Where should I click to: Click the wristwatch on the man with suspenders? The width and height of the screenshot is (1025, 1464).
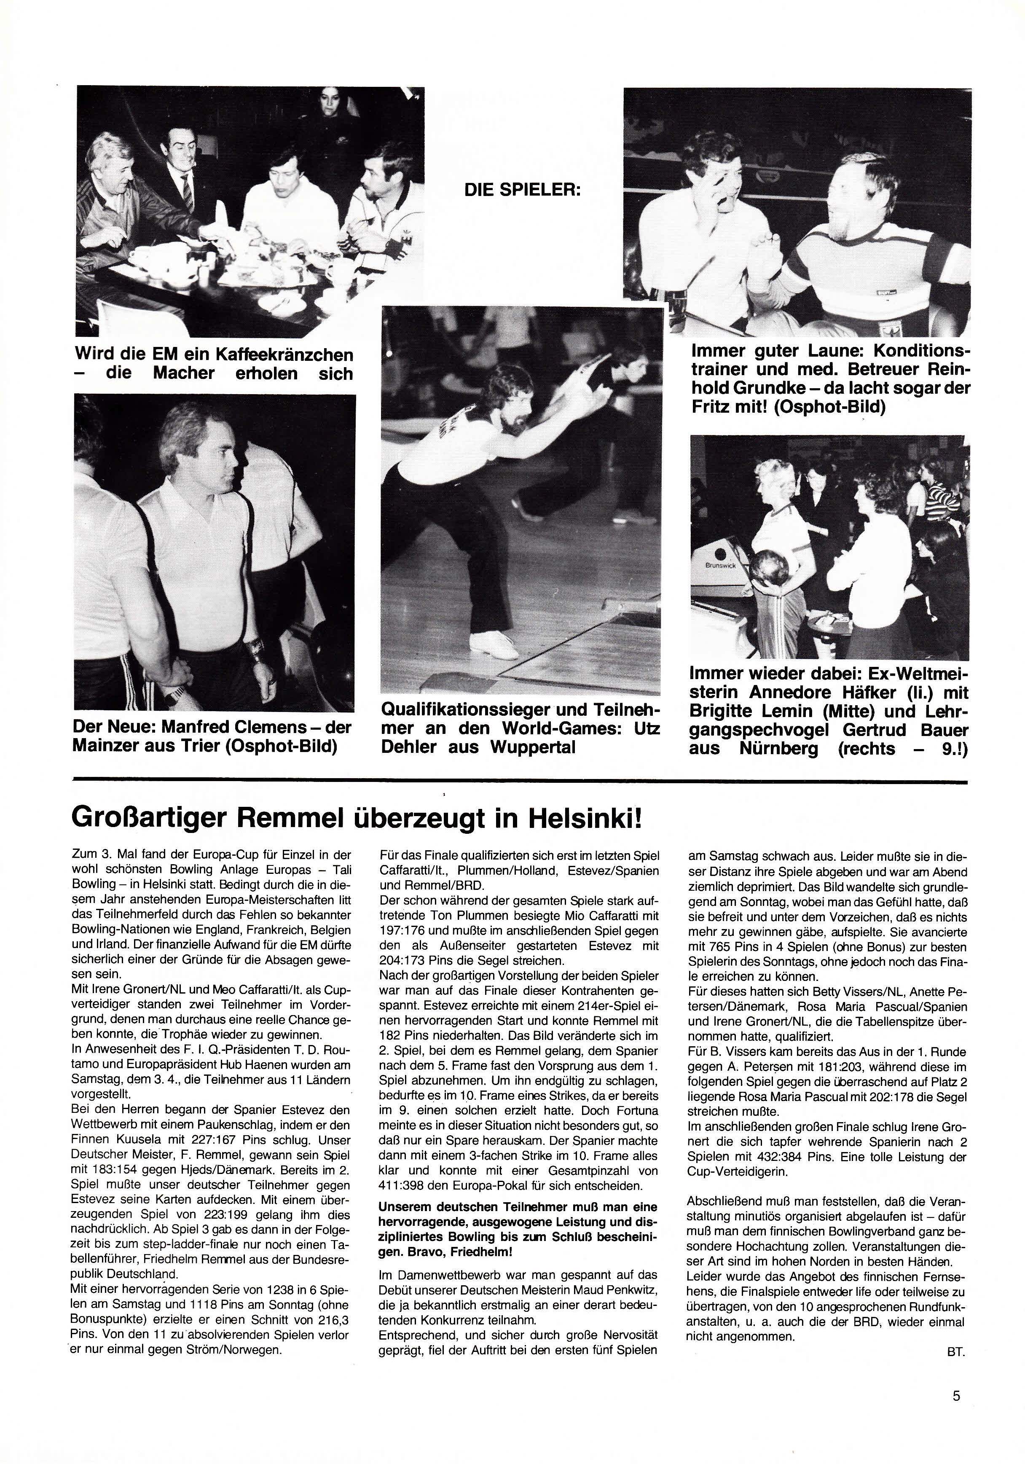(x=258, y=650)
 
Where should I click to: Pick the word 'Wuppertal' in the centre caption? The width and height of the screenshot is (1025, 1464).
(x=533, y=747)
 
